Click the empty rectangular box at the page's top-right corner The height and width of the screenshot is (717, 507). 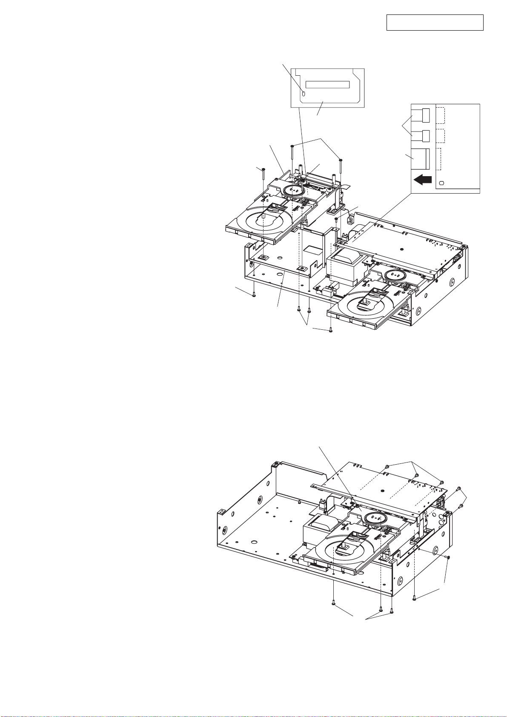click(435, 23)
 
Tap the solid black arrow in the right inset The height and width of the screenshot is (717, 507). click(422, 180)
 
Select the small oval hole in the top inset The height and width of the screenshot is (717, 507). click(304, 93)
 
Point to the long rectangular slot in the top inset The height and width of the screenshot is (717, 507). click(327, 84)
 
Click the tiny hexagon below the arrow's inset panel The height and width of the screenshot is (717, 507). click(442, 183)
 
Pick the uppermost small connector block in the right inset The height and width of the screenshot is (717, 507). click(425, 115)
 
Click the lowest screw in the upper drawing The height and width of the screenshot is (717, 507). click(331, 330)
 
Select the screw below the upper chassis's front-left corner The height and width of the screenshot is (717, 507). click(254, 295)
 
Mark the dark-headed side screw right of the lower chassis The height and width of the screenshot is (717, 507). click(449, 557)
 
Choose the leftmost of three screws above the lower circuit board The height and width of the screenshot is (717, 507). click(386, 466)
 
